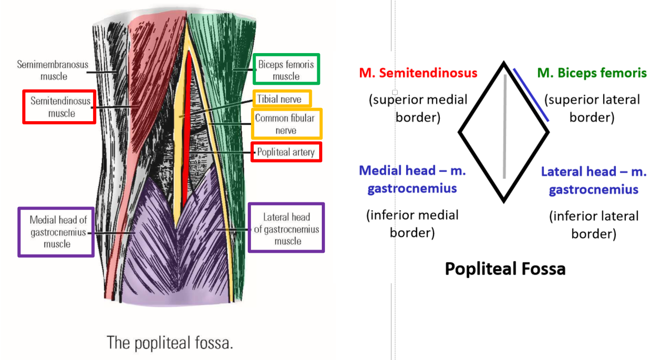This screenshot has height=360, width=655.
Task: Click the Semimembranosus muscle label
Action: [53, 70]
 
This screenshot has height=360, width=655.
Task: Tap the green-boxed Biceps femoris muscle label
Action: [286, 70]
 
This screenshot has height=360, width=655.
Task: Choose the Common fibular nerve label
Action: [285, 124]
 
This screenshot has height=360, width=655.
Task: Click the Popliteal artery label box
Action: [286, 152]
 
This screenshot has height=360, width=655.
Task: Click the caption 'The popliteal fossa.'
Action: [170, 342]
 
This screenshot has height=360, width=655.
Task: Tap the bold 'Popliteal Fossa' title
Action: [505, 269]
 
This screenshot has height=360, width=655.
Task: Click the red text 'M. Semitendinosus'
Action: [418, 73]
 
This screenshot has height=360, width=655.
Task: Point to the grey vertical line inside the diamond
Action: [504, 127]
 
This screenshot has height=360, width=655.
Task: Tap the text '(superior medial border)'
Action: [418, 108]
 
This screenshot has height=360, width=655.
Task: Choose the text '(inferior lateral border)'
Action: [594, 225]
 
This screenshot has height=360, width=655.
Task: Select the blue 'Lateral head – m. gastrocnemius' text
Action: [594, 180]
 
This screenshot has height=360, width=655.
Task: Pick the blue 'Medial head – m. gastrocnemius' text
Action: [413, 179]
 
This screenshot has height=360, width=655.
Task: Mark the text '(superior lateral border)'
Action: [592, 108]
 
